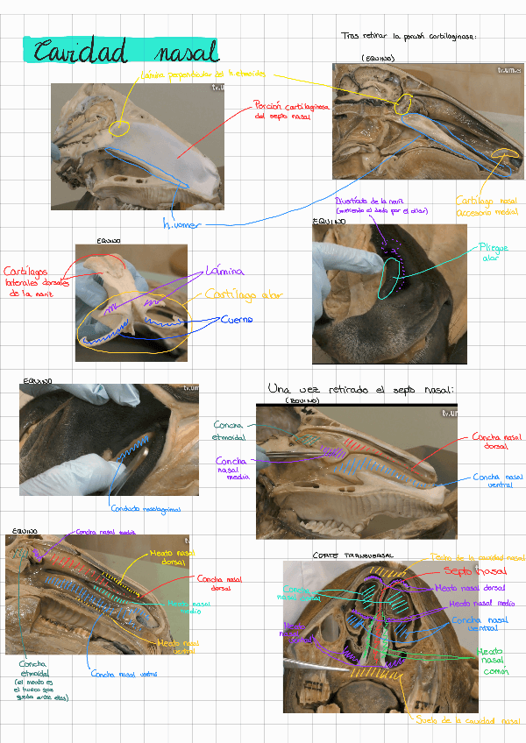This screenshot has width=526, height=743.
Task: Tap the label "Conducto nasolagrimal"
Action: click(x=145, y=507)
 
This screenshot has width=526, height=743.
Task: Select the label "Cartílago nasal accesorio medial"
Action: click(x=485, y=206)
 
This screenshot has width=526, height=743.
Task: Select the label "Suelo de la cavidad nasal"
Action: click(x=469, y=721)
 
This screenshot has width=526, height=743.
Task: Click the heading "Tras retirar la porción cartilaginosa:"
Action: click(x=409, y=37)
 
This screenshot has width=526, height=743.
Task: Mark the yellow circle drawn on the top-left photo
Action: click(x=119, y=126)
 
